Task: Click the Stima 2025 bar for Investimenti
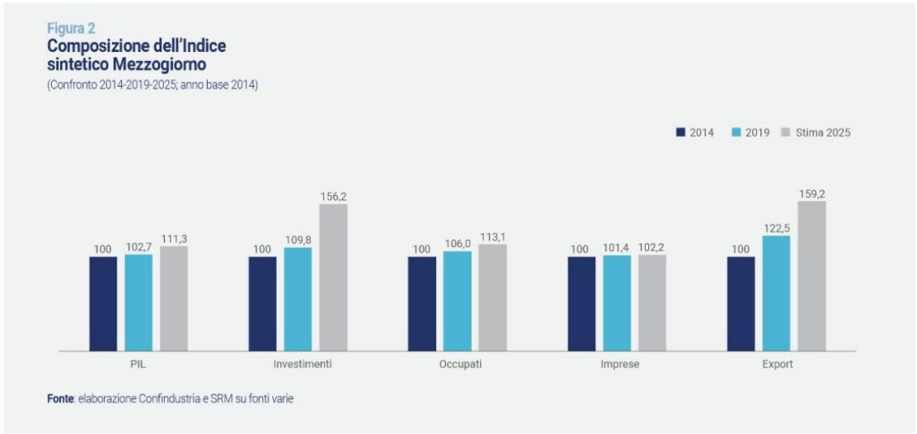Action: pos(333,277)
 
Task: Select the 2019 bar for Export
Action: pos(776,293)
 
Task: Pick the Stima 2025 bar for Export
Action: pos(811,275)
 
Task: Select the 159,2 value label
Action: pos(811,193)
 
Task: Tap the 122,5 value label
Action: pos(776,228)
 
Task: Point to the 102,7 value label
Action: pos(139,248)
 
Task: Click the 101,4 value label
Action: pos(617,249)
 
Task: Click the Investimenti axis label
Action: pos(302,365)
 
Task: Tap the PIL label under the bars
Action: pos(139,365)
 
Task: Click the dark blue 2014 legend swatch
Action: pos(681,132)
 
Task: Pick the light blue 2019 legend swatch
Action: pos(736,132)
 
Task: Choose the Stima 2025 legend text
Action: pos(822,132)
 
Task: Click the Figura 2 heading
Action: pos(71,28)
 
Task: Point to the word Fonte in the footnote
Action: pos(60,398)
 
